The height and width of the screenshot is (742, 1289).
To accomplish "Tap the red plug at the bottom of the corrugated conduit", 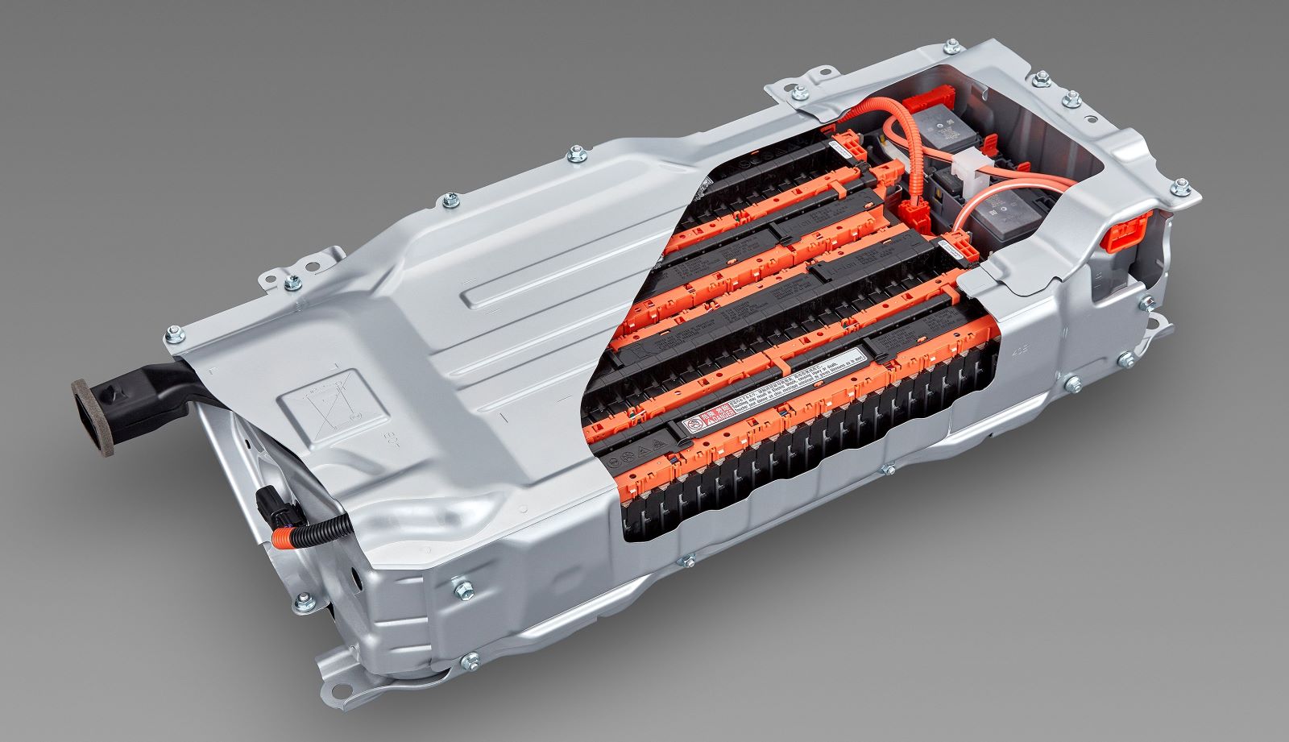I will tap(922, 213).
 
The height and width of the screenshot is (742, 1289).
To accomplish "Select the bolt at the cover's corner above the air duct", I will tap(172, 333).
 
